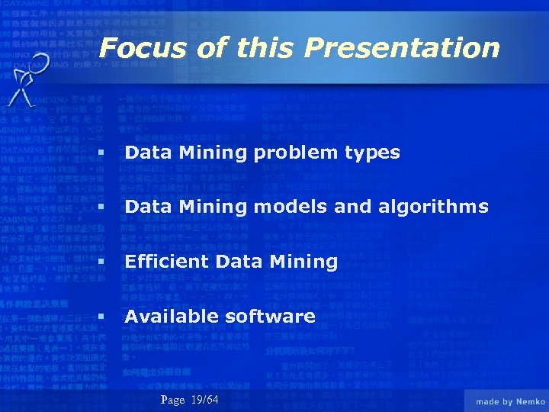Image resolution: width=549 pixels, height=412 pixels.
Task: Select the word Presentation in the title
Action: (402, 48)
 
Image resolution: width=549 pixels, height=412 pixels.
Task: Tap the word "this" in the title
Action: (264, 48)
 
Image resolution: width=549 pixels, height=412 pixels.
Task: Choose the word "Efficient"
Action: (168, 262)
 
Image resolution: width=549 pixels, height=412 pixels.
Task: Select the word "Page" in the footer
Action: (173, 401)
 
